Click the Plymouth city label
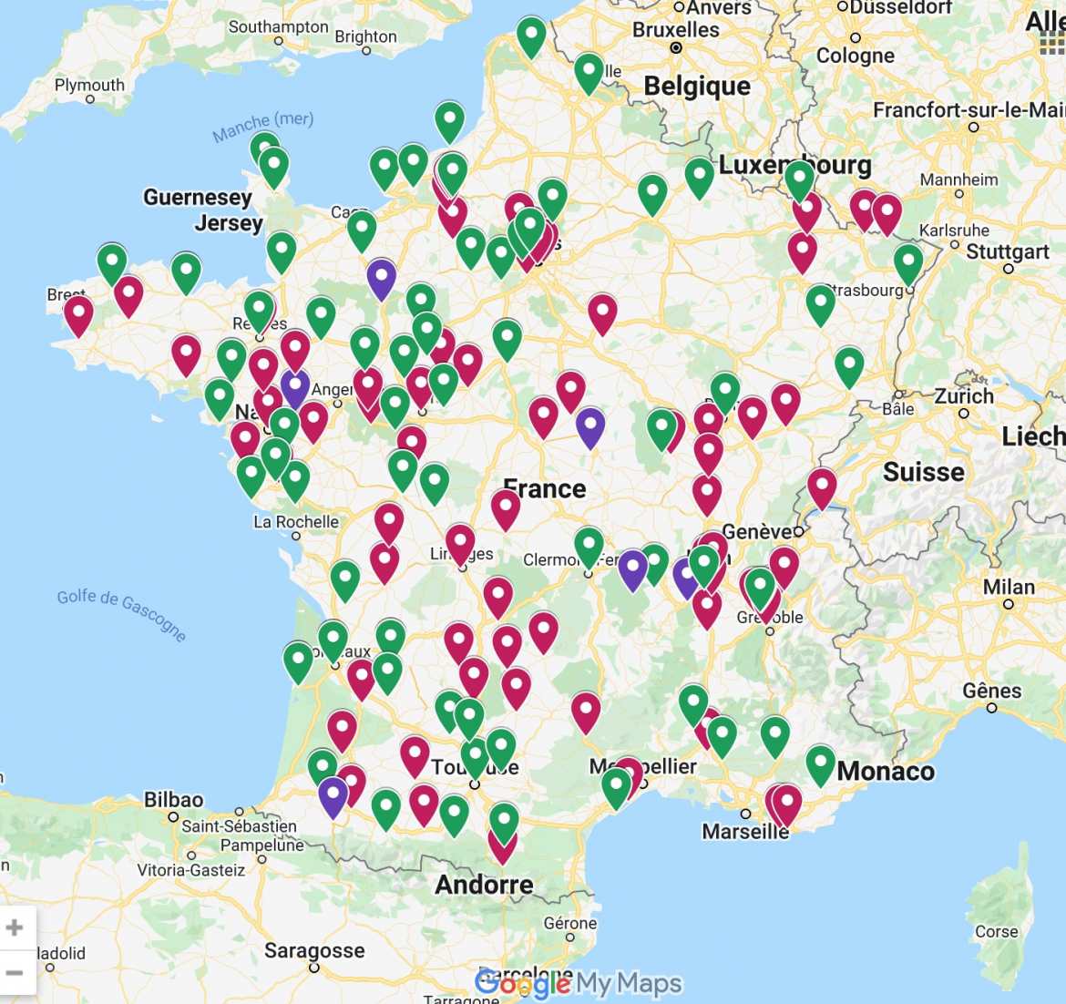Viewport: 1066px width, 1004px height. [x=89, y=85]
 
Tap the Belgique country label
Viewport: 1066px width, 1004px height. [x=697, y=87]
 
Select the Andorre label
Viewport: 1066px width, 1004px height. [x=484, y=885]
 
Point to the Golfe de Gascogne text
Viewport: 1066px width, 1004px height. [x=121, y=613]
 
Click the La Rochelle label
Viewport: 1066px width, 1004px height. [x=296, y=522]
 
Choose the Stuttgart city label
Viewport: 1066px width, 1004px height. [x=1008, y=251]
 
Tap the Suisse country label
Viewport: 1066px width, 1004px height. [x=923, y=472]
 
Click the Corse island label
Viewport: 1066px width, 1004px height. [x=996, y=931]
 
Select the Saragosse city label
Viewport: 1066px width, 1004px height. [x=314, y=951]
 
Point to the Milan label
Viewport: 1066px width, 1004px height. [x=1009, y=587]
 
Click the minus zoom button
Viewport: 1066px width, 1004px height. [x=15, y=973]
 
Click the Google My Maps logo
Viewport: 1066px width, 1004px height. [x=578, y=983]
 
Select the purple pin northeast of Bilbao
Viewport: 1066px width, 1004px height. [x=333, y=795]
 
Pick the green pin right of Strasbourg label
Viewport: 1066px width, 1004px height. [x=907, y=262]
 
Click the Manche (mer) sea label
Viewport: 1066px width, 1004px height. [x=263, y=127]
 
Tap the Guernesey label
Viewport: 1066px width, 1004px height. [x=197, y=198]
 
